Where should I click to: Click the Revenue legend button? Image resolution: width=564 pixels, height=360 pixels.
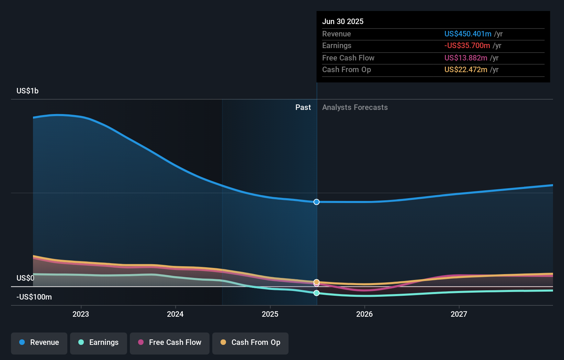(x=39, y=342)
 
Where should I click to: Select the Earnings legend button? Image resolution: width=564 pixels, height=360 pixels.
(x=99, y=342)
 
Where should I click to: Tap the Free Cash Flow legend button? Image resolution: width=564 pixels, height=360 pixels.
(x=170, y=342)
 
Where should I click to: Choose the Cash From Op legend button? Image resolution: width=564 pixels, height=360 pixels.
(x=250, y=342)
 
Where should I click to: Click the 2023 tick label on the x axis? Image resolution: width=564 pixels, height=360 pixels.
(x=81, y=314)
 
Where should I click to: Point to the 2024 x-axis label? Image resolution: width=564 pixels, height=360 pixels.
(x=175, y=314)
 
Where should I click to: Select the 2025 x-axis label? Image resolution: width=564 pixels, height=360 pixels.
(x=270, y=314)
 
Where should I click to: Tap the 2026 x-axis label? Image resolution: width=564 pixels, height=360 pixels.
(x=364, y=314)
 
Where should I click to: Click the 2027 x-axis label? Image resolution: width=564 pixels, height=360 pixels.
(x=459, y=314)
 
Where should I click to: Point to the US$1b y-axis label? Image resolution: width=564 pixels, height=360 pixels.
(x=27, y=91)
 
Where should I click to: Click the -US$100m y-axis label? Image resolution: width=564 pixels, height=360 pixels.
(x=34, y=297)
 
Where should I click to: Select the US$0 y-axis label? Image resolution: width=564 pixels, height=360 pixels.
(x=25, y=278)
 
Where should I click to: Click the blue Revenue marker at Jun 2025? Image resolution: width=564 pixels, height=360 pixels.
(x=317, y=202)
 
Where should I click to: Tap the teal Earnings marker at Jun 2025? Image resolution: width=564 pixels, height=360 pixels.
(x=317, y=293)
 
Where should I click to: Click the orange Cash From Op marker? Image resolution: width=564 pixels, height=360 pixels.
(x=317, y=282)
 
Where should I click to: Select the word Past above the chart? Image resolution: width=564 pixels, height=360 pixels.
(x=303, y=108)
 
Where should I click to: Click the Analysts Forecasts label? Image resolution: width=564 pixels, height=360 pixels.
(x=355, y=108)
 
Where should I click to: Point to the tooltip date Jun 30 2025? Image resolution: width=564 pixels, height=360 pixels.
(x=343, y=22)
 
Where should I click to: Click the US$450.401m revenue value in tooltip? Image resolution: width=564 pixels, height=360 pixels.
(x=468, y=34)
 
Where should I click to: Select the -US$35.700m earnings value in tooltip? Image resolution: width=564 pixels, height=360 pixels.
(x=467, y=46)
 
